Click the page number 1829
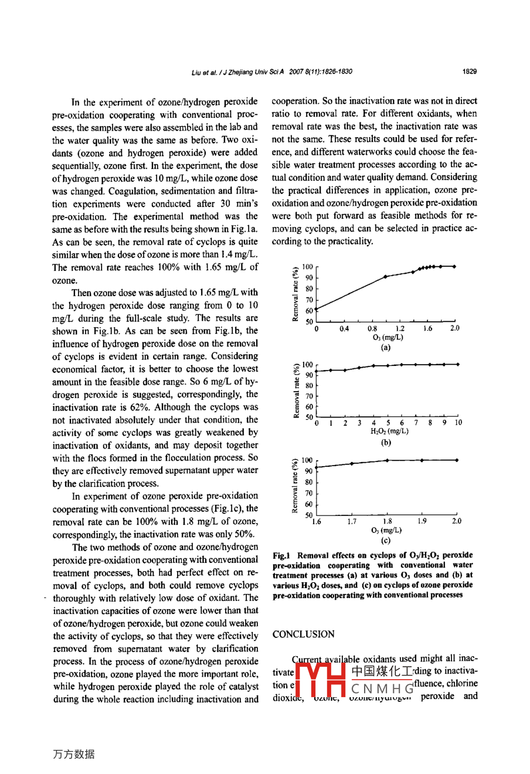point(469,72)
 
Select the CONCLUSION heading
point(303,634)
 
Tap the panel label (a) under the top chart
point(385,347)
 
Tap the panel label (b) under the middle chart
point(386,442)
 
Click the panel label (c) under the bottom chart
point(386,540)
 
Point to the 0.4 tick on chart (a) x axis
point(344,329)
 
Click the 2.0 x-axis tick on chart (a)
point(455,329)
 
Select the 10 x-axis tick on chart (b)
point(458,423)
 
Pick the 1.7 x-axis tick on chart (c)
point(352,521)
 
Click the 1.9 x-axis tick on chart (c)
point(422,521)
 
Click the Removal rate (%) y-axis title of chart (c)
point(294,486)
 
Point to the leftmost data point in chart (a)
point(317,309)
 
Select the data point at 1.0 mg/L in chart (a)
point(385,276)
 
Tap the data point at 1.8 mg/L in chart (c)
point(387,460)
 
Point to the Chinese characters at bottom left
point(73,754)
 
